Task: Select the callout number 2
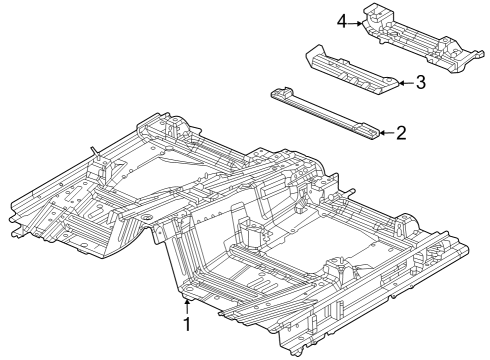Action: tap(400, 132)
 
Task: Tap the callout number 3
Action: tap(420, 83)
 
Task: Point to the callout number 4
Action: tap(343, 21)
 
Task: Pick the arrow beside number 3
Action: tap(403, 83)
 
